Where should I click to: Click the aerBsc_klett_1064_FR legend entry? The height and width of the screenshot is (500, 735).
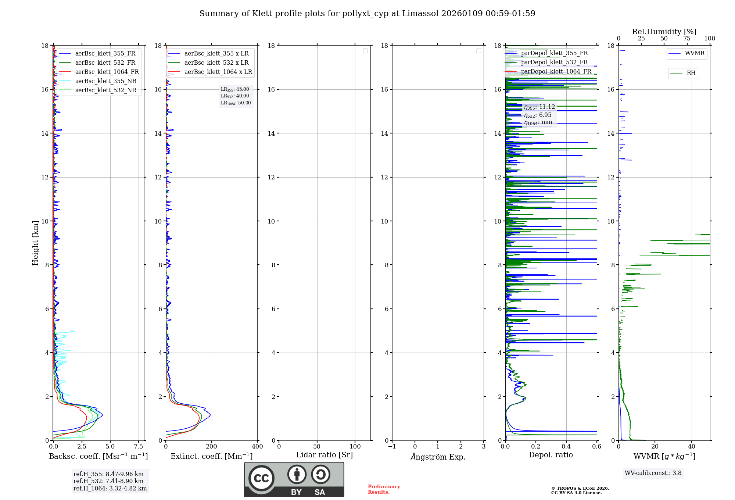click(x=107, y=72)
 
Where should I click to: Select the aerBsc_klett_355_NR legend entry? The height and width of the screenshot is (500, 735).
click(x=105, y=81)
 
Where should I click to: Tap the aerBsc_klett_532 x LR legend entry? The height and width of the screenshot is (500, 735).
click(x=216, y=63)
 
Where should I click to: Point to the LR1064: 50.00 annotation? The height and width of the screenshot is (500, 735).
click(x=236, y=103)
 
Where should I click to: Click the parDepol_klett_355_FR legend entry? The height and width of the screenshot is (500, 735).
click(x=554, y=53)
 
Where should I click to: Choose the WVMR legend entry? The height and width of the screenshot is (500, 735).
click(x=694, y=53)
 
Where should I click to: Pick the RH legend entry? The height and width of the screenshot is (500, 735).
click(x=691, y=73)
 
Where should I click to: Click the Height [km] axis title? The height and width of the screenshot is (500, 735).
click(x=35, y=243)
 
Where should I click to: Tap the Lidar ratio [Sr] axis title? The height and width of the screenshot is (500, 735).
click(x=324, y=455)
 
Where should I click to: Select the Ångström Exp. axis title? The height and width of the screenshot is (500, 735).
click(x=438, y=457)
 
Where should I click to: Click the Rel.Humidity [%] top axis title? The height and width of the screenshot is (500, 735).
click(x=664, y=32)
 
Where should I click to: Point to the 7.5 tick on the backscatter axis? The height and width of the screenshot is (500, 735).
click(x=139, y=447)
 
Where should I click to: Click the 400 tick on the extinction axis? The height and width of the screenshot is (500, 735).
click(x=257, y=447)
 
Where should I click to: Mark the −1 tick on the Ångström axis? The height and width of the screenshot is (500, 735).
click(x=392, y=447)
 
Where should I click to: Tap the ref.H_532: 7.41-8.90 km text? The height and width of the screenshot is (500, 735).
click(x=108, y=481)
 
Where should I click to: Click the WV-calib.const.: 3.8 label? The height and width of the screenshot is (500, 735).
click(x=653, y=473)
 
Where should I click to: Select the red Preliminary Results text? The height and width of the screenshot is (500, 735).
click(x=384, y=489)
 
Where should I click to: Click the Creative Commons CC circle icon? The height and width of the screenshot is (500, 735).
click(x=261, y=478)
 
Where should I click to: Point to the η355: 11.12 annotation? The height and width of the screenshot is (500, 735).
click(x=539, y=107)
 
